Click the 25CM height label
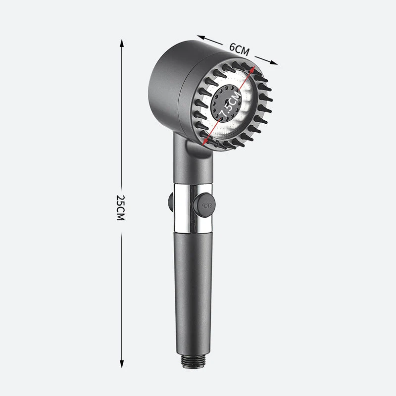coord(120,207)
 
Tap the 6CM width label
coord(240,49)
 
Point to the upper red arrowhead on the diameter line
coord(255,70)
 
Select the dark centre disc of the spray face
coord(226,103)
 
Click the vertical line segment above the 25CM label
coord(121,119)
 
